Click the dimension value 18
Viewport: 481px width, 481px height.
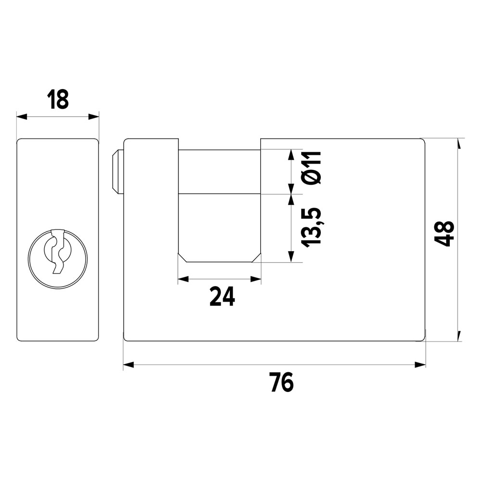[58, 100]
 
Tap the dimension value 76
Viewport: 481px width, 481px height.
[282, 382]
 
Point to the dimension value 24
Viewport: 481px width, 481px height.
[222, 296]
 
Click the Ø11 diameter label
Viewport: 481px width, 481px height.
[311, 167]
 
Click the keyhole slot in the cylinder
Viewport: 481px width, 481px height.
[58, 251]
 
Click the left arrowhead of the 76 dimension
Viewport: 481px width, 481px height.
[128, 365]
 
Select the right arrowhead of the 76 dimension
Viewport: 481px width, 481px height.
[420, 365]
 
